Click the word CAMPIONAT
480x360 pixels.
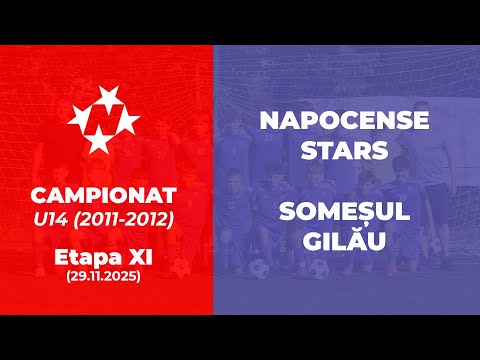pyautogui.click(x=105, y=191)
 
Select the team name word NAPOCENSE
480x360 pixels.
pyautogui.click(x=344, y=121)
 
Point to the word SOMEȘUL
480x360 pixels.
pyautogui.click(x=344, y=213)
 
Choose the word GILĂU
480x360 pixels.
pyautogui.click(x=344, y=241)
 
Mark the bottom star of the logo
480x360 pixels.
pyautogui.click(x=97, y=142)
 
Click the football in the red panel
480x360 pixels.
pyautogui.click(x=181, y=268)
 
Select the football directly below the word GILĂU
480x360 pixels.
pyautogui.click(x=319, y=268)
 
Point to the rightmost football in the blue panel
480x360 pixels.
pyautogui.click(x=437, y=246)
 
